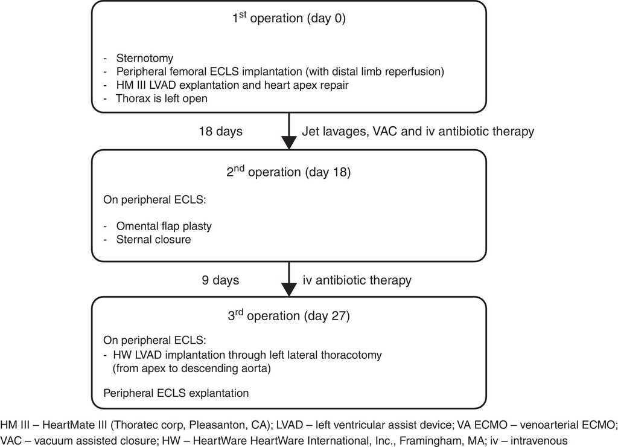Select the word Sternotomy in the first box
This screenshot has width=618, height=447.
[x=145, y=59]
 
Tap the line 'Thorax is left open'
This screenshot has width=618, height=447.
[x=162, y=98]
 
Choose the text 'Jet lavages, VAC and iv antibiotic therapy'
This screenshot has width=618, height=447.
[x=418, y=131]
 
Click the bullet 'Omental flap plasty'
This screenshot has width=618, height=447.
[x=164, y=227]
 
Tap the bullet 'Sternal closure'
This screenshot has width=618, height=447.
[x=154, y=240]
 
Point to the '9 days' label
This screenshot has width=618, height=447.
[x=221, y=280]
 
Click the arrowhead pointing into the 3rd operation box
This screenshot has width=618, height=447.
[x=290, y=290]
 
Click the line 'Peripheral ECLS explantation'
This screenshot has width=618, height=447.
[x=176, y=393]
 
